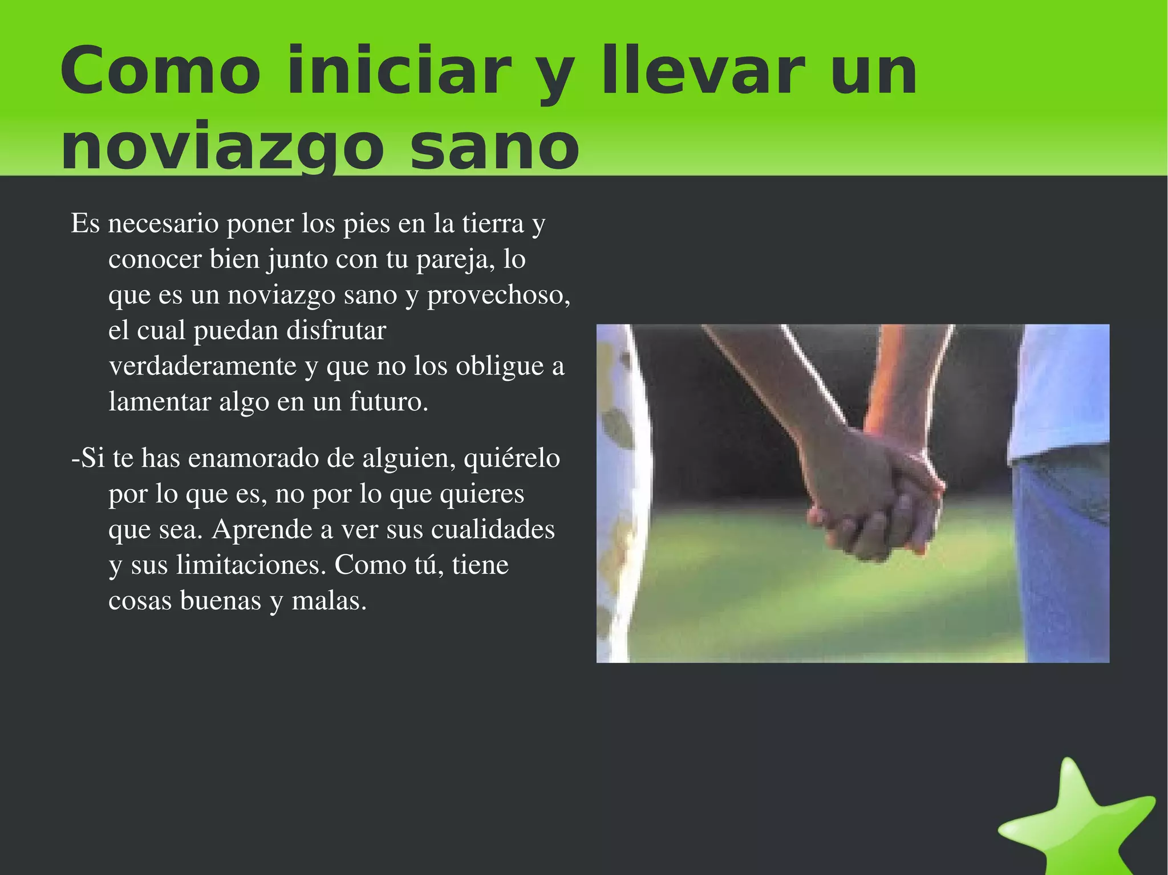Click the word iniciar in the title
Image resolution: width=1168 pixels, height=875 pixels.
399,71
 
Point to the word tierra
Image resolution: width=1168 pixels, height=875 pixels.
493,223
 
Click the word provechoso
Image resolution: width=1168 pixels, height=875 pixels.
498,295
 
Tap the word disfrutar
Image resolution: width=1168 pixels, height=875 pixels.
336,330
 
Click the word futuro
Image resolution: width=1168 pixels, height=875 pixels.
388,401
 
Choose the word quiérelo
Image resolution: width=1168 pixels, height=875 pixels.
512,458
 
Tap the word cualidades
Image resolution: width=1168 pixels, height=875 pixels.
493,529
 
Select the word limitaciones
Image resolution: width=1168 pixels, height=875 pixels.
251,565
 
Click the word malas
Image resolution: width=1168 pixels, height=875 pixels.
329,600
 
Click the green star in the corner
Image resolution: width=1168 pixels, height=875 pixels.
1078,821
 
